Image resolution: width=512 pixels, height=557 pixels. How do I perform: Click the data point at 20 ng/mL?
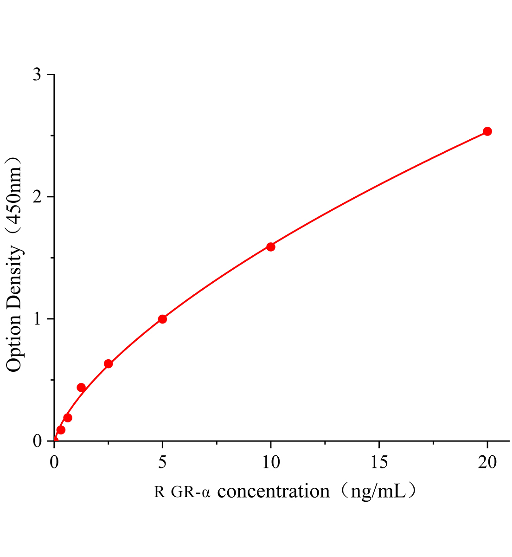pos(487,131)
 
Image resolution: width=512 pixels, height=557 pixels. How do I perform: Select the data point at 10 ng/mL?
pos(271,246)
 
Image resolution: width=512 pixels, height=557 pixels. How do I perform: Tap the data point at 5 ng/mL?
pos(162,319)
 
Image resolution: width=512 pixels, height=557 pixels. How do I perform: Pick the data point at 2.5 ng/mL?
pos(108,363)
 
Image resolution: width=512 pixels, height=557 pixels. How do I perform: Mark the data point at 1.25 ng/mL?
pos(81,388)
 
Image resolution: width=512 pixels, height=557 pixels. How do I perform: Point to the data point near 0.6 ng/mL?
pos(68,418)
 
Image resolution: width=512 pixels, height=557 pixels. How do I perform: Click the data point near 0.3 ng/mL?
pos(61,430)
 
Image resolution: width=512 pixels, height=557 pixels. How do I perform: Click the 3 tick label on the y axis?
pos(38,75)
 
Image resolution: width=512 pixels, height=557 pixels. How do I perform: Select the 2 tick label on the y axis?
pos(38,197)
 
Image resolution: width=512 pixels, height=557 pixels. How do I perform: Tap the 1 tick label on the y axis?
pos(38,319)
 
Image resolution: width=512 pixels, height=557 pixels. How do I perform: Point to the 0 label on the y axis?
pos(38,441)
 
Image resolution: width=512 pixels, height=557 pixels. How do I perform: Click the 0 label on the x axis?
pos(54,462)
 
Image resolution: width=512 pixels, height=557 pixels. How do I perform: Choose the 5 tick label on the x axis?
pos(162,462)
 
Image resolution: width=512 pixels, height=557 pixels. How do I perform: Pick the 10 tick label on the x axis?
pos(271,462)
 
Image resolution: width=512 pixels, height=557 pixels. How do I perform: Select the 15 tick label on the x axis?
pos(379,462)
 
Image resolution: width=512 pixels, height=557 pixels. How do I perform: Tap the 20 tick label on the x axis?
pos(487,462)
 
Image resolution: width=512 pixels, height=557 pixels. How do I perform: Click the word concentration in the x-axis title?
pos(273,491)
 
